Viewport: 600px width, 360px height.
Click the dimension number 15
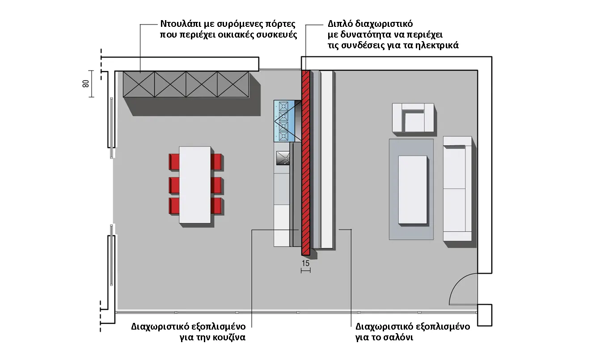(x=306, y=263)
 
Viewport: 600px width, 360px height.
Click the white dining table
(x=194, y=184)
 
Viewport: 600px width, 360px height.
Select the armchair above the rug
(x=413, y=118)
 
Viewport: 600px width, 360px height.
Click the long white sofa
(x=457, y=189)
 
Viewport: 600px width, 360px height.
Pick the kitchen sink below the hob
(x=283, y=158)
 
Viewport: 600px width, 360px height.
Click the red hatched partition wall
(x=306, y=161)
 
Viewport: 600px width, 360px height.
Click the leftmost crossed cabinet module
(x=139, y=84)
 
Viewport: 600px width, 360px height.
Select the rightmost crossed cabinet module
(x=233, y=84)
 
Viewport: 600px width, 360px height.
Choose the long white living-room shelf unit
(x=327, y=159)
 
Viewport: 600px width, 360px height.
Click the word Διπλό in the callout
(x=338, y=24)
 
